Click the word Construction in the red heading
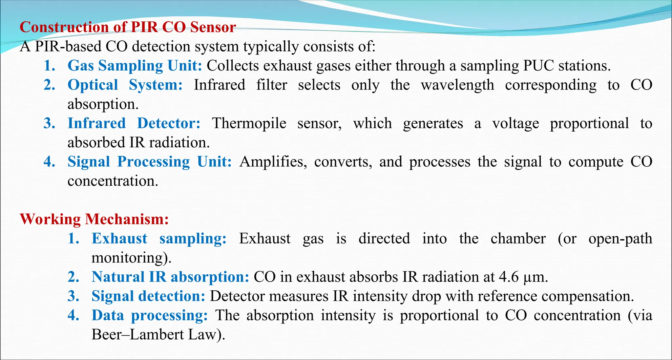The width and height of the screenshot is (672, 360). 64,27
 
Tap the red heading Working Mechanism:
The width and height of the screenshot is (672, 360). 94,219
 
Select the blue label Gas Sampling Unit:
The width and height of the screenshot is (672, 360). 135,66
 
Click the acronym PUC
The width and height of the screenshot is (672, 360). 538,66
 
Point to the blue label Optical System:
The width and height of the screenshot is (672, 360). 125,85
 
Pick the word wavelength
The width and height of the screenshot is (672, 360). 457,85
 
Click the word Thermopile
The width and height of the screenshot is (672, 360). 249,123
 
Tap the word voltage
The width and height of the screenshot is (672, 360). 515,123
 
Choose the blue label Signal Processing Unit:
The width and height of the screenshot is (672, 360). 150,162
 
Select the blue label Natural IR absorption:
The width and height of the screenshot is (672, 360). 170,277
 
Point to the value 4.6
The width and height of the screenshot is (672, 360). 509,277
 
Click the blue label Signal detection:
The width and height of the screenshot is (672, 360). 148,296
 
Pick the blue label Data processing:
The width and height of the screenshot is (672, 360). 150,315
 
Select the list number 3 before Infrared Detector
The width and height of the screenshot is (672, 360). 49,123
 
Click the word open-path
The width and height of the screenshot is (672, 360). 620,239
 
